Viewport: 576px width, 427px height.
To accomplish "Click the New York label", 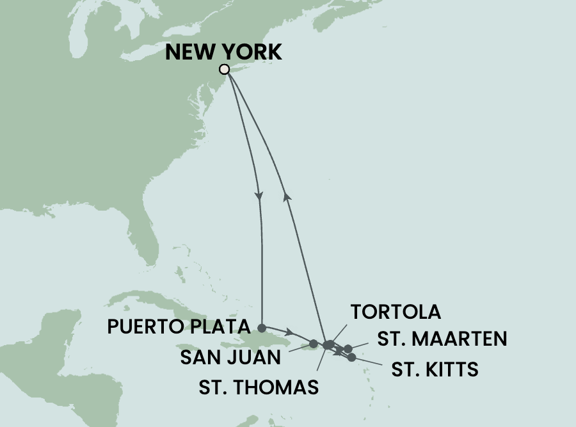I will (x=223, y=52).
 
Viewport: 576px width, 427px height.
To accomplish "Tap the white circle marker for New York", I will (x=224, y=69).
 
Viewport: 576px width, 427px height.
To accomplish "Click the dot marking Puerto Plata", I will (x=262, y=326).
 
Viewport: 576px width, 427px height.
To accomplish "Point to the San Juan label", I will (x=231, y=357).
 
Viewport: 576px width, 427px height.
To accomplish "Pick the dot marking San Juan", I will (x=313, y=344).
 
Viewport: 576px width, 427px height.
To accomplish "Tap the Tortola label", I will (x=396, y=312).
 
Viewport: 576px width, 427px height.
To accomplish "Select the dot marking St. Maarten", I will (x=348, y=349).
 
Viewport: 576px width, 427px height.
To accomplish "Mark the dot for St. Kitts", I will (x=351, y=357).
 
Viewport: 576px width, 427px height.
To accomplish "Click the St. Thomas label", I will (x=259, y=387).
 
